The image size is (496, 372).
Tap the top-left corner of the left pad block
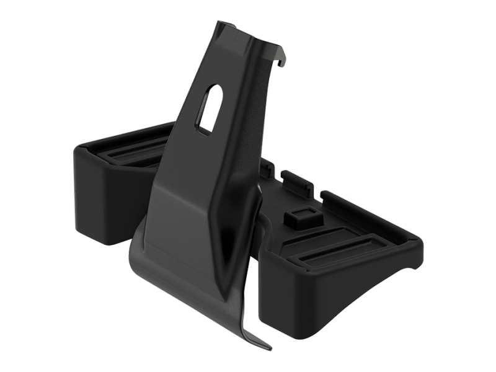[x=77, y=149]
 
